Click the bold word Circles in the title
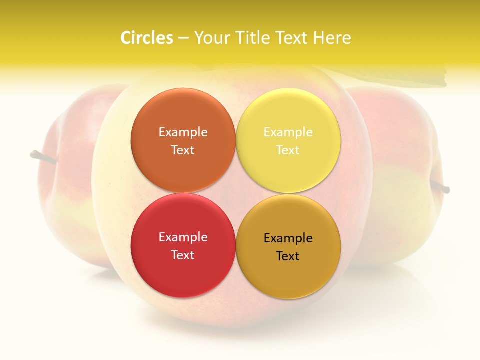tap(147, 38)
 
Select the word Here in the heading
tap(332, 38)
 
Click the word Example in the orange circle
tap(183, 132)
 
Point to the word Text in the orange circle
tap(183, 150)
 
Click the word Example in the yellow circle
tap(288, 132)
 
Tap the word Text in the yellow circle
tap(288, 150)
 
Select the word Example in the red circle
tap(183, 237)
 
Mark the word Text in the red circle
tap(183, 255)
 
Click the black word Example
tap(288, 238)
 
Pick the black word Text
tap(288, 256)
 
